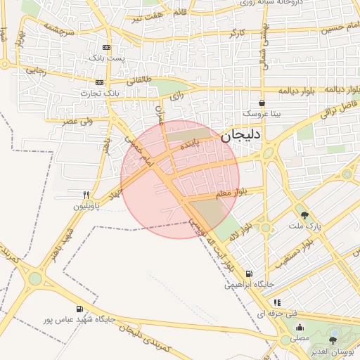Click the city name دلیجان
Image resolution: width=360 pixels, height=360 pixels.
(240, 135)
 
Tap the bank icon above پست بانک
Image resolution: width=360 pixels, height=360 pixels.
(106, 48)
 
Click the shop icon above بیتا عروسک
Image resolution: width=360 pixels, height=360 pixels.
(262, 103)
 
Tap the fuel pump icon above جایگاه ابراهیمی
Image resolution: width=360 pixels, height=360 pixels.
(248, 274)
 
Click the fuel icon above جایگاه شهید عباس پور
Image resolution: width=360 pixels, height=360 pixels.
(79, 309)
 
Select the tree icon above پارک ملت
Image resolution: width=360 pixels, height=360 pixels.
(304, 216)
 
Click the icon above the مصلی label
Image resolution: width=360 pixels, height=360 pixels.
(300, 327)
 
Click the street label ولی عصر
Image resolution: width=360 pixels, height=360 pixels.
(78, 121)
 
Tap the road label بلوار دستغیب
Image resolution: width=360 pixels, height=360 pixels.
(289, 255)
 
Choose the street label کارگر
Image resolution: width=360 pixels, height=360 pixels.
(237, 33)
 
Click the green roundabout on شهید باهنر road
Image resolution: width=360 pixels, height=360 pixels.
(35, 278)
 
